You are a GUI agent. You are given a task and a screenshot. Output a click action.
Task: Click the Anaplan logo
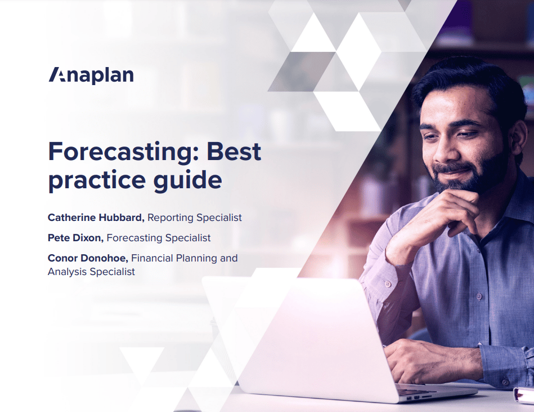91,76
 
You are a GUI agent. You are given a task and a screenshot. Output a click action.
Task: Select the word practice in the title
97,180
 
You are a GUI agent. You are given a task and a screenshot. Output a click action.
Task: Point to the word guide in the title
187,180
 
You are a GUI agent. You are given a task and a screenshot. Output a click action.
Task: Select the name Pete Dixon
75,238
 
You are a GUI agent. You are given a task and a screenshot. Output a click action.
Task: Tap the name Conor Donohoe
88,258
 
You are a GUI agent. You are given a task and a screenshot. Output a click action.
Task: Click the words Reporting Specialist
195,218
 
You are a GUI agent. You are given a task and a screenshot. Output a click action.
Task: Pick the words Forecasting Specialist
159,238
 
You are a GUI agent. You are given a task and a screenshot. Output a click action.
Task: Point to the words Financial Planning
174,259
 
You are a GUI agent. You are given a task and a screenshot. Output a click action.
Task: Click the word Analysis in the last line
68,272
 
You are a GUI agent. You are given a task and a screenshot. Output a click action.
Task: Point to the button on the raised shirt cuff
387,283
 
